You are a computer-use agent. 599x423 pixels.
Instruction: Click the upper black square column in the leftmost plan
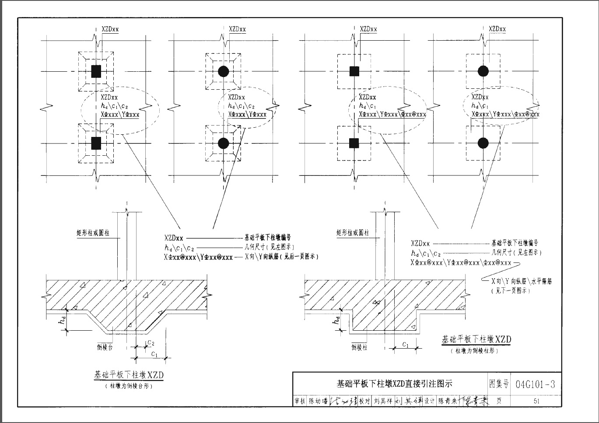[96, 71]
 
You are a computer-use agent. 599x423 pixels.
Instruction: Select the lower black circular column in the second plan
[223, 143]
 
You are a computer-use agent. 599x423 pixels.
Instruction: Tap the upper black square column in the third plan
[354, 71]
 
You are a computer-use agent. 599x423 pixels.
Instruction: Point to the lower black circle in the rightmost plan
[483, 143]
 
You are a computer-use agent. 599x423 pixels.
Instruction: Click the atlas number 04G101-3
[536, 385]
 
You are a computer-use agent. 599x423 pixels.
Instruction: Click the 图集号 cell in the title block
[499, 384]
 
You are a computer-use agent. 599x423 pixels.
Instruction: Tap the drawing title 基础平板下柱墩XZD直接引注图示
[394, 384]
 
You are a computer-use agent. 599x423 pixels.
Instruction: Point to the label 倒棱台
[105, 347]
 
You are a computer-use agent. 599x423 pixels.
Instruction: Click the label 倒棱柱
[360, 347]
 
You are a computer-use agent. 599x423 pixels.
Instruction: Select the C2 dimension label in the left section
[151, 343]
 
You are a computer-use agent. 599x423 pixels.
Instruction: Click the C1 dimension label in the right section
[406, 345]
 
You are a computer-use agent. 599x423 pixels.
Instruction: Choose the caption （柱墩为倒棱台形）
[129, 386]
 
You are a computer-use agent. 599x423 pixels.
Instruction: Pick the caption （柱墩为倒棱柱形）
[476, 350]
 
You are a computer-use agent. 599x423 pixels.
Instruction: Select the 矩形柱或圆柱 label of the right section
[353, 233]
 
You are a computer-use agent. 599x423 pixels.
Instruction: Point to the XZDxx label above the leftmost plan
[110, 29]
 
